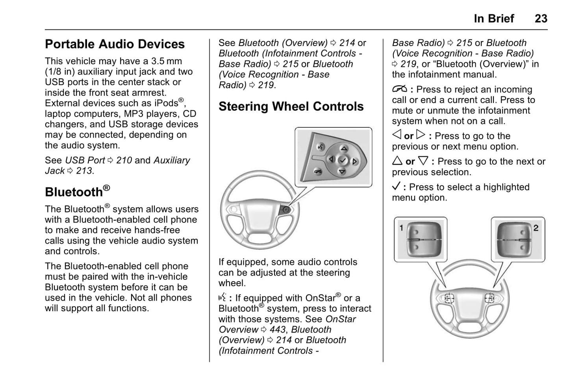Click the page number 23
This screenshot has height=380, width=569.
coord(541,19)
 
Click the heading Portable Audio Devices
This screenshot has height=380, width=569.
coord(115,44)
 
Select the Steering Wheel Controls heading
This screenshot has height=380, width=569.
coord(291,106)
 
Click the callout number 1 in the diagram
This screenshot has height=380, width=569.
coord(401,228)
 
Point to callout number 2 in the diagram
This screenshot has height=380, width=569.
coord(536,228)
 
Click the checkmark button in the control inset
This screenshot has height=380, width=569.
coord(343,160)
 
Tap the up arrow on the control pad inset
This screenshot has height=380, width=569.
coord(344,149)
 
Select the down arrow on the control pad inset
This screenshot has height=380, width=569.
coord(342,172)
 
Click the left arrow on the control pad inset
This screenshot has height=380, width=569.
coord(331,159)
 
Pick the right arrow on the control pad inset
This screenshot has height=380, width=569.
coord(355,161)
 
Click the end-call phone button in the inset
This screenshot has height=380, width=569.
coord(317,171)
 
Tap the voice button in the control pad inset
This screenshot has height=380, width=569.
coord(321,147)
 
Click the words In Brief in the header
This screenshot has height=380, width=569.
coord(494,19)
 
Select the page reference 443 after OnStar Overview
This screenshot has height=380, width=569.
coord(278,330)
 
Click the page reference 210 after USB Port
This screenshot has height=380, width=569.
coord(124,160)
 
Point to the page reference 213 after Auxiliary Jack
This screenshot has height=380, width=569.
coord(84,171)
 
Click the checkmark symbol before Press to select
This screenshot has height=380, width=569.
coord(396,186)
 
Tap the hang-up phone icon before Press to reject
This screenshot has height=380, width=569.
coord(399,89)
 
